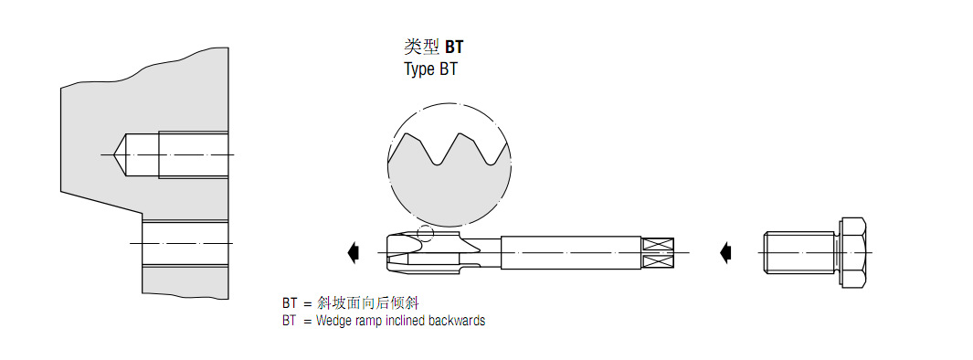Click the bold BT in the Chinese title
(x=453, y=47)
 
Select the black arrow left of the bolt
(x=726, y=250)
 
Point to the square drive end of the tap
(x=658, y=251)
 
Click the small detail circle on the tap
(x=424, y=232)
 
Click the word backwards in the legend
(x=456, y=321)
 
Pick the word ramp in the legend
(x=369, y=322)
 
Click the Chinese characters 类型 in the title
(x=421, y=47)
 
